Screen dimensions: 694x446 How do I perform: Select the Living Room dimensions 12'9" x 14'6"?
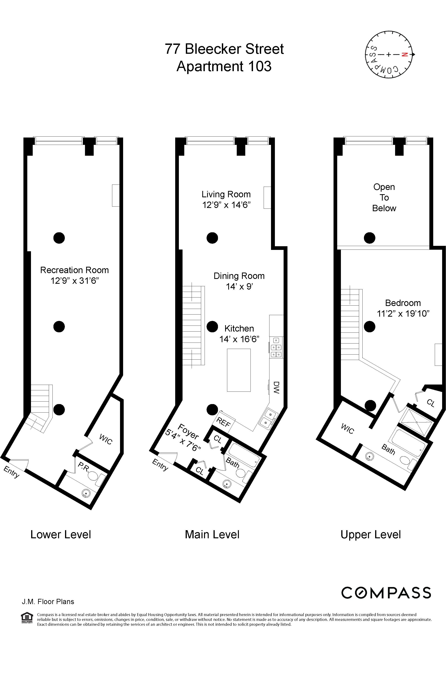click(x=226, y=205)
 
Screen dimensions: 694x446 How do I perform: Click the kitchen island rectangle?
click(x=239, y=370)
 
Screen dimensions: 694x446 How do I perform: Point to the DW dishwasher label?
click(x=276, y=387)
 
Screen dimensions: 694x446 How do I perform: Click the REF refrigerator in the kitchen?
click(x=223, y=422)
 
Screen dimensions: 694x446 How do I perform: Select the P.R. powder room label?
click(x=83, y=467)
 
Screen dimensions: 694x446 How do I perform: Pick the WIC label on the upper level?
click(x=347, y=429)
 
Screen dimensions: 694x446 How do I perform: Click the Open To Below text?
click(x=384, y=198)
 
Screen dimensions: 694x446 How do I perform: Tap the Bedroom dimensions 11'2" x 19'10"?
click(x=403, y=314)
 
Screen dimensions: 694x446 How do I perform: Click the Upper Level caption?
click(x=371, y=535)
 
